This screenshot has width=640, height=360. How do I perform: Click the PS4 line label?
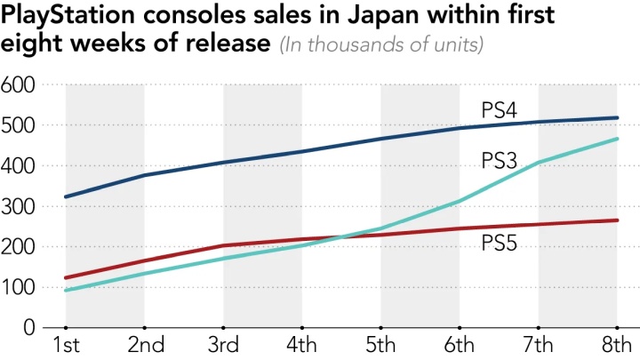pos(499,110)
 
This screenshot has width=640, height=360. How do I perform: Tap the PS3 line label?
pos(499,161)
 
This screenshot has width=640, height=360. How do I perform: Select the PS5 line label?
pos(499,242)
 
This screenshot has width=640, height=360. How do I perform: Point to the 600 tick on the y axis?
pos(19,85)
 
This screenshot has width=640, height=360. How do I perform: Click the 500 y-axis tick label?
pos(19,125)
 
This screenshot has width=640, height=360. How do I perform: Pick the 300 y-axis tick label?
pos(19,206)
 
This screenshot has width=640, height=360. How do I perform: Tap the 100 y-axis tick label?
pos(19,287)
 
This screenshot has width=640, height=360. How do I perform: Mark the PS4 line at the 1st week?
pos(66,196)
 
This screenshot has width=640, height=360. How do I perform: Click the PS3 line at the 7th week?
pos(539,163)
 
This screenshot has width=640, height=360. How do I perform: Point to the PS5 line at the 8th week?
pos(617,220)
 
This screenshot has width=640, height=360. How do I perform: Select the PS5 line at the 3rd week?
pos(224,245)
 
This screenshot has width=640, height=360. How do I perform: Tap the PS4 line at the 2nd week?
pos(145,175)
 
